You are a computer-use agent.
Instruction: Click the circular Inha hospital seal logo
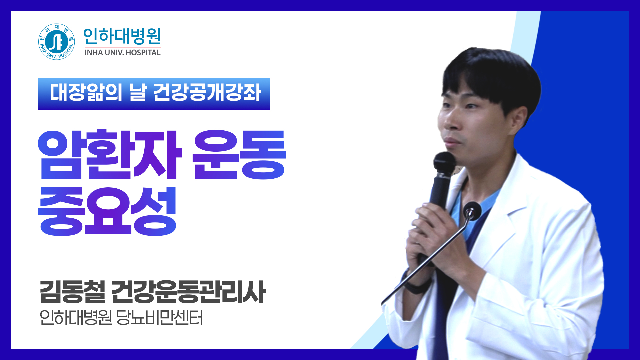(56, 42)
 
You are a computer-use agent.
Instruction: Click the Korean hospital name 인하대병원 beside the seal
(122, 36)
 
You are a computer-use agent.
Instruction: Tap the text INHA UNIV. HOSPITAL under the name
(122, 53)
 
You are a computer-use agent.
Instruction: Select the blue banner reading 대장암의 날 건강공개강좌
(154, 94)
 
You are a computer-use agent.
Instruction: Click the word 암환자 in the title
(110, 154)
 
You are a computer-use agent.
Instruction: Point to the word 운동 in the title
(239, 154)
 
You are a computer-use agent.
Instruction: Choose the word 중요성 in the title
(107, 211)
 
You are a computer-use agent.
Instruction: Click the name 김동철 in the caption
(73, 292)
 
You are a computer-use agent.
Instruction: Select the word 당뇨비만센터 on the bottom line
(160, 318)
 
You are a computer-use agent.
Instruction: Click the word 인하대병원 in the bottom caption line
(75, 318)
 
